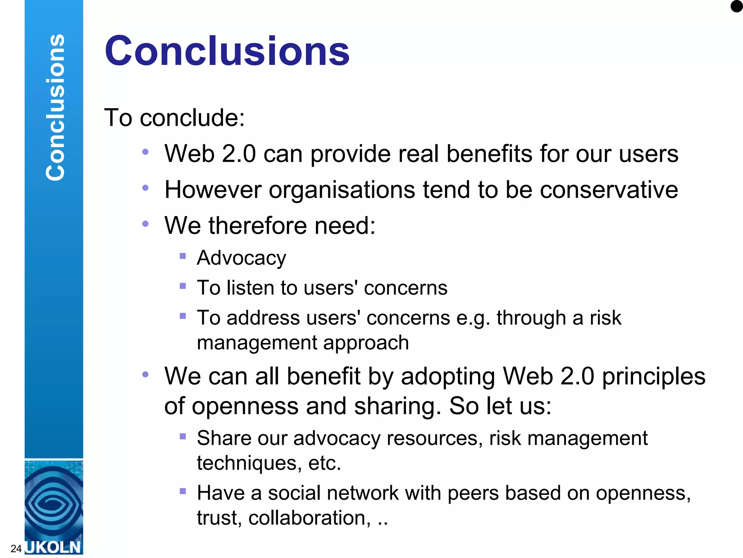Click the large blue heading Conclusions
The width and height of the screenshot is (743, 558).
227,51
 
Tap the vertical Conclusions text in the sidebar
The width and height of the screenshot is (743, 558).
55,108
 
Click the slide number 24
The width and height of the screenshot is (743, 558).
16,549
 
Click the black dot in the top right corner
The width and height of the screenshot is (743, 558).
737,6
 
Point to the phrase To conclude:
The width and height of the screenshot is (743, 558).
175,118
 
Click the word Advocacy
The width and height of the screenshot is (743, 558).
241,258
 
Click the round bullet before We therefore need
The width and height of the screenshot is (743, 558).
145,224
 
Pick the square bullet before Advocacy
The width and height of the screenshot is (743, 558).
183,256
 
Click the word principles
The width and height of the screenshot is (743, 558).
654,376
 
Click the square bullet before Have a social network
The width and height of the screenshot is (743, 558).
183,492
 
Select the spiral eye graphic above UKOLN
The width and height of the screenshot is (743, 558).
54,503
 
